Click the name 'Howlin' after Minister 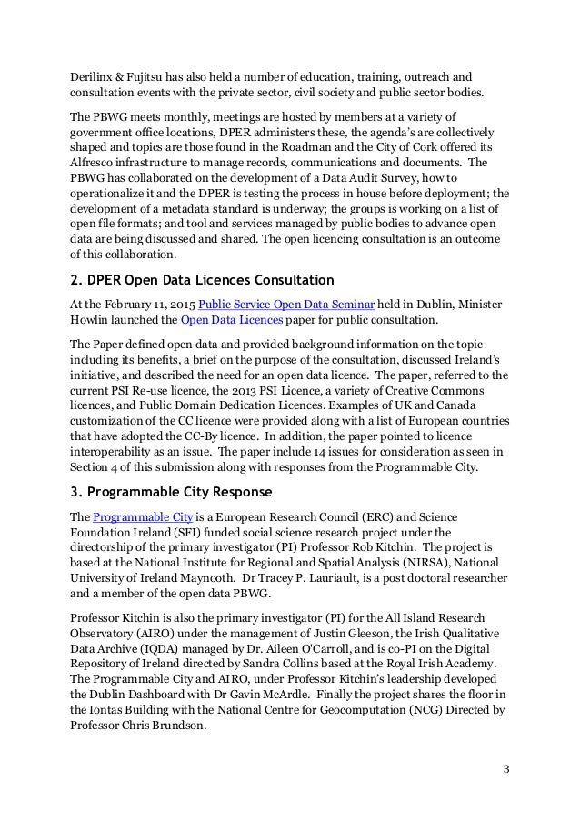pyautogui.click(x=95, y=321)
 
